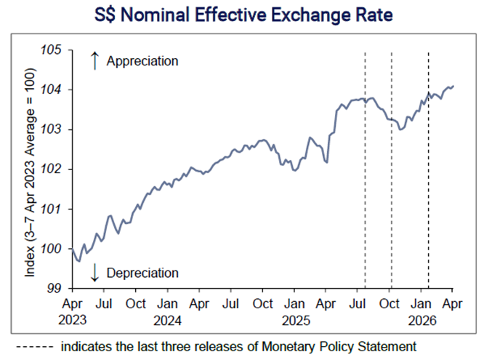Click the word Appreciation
point(142,61)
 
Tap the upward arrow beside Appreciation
point(94,61)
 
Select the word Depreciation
point(142,273)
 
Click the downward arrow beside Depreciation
point(94,273)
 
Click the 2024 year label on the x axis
point(167,319)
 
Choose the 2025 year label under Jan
point(294,319)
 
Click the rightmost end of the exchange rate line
point(453,86)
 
